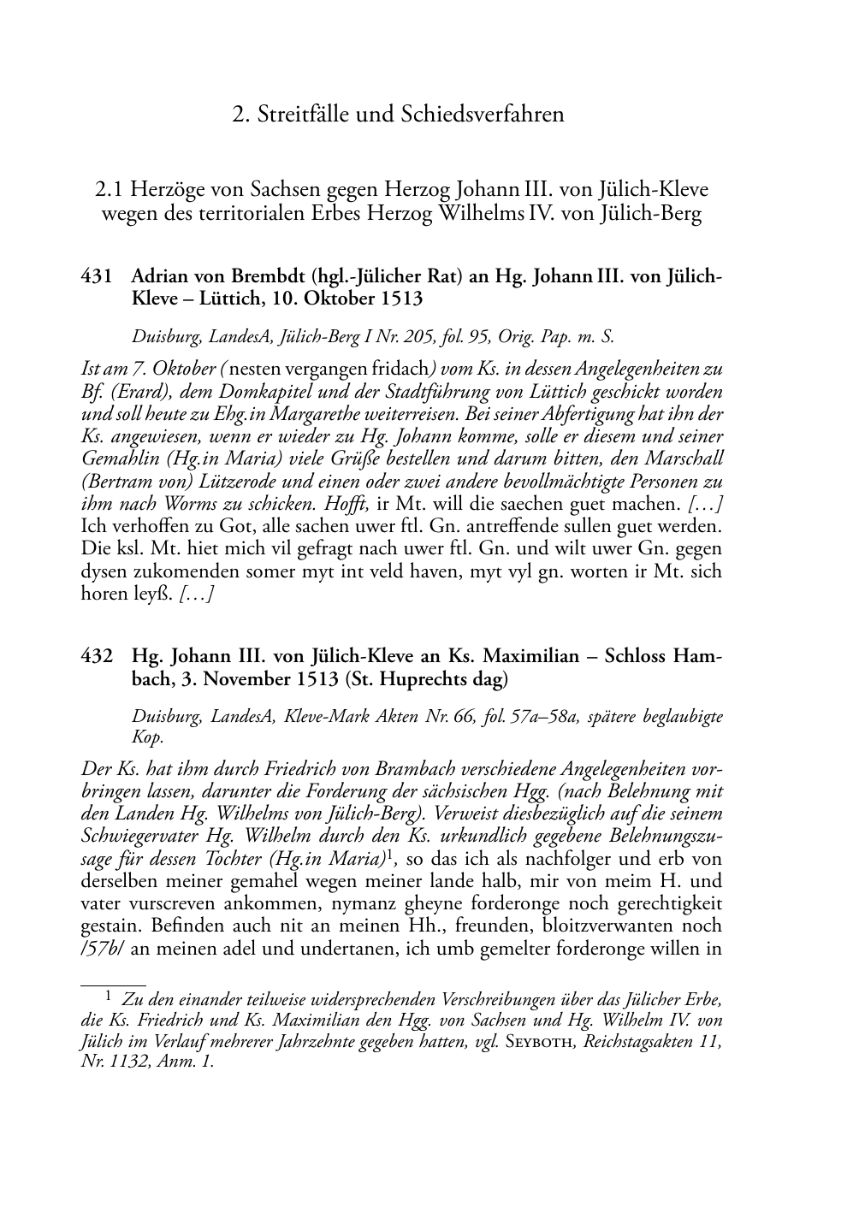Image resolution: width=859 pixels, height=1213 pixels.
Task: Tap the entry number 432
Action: point(97,658)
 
